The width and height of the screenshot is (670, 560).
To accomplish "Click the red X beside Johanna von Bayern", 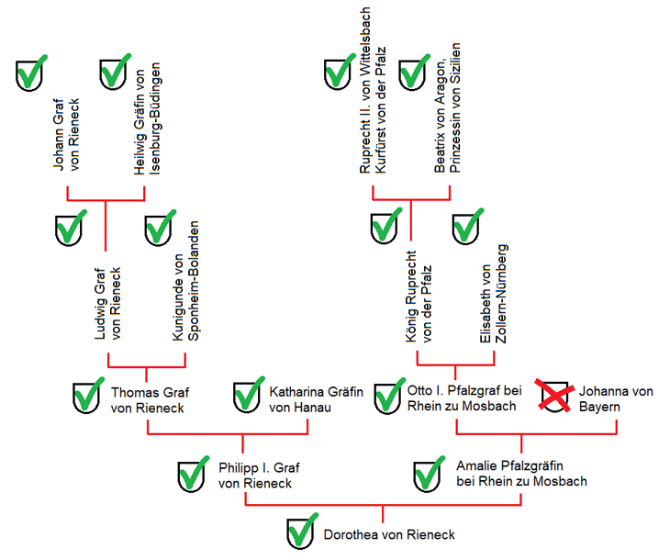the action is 554,396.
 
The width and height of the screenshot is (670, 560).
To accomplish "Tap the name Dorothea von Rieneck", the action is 389,534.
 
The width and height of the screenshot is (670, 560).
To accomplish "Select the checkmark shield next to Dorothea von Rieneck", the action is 303,531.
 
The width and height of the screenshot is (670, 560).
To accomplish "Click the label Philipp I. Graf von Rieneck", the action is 259,476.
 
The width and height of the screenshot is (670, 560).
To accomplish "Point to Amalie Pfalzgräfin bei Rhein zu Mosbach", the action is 521,474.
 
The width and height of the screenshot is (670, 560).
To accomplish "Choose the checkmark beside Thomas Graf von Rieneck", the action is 88,396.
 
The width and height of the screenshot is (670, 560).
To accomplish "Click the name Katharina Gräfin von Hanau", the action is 316,399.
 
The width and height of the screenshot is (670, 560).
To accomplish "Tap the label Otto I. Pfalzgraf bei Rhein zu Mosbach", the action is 464,398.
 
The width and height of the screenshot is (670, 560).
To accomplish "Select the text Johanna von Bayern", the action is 616,398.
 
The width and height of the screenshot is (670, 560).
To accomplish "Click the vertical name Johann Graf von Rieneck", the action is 66,134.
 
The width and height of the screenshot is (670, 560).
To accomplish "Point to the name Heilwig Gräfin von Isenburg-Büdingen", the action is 148,118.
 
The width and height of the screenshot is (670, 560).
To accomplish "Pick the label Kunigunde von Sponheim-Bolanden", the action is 186,281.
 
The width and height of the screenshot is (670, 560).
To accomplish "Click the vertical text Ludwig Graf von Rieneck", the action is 107,304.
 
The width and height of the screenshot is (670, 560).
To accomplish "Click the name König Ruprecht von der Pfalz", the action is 419,297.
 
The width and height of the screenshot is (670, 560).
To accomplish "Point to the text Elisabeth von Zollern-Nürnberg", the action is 494,294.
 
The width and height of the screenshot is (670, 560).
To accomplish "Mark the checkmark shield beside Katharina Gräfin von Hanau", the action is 249,395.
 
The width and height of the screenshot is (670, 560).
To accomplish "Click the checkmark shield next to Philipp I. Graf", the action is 193,474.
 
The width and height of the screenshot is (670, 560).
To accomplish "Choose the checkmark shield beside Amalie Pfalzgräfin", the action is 429,474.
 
